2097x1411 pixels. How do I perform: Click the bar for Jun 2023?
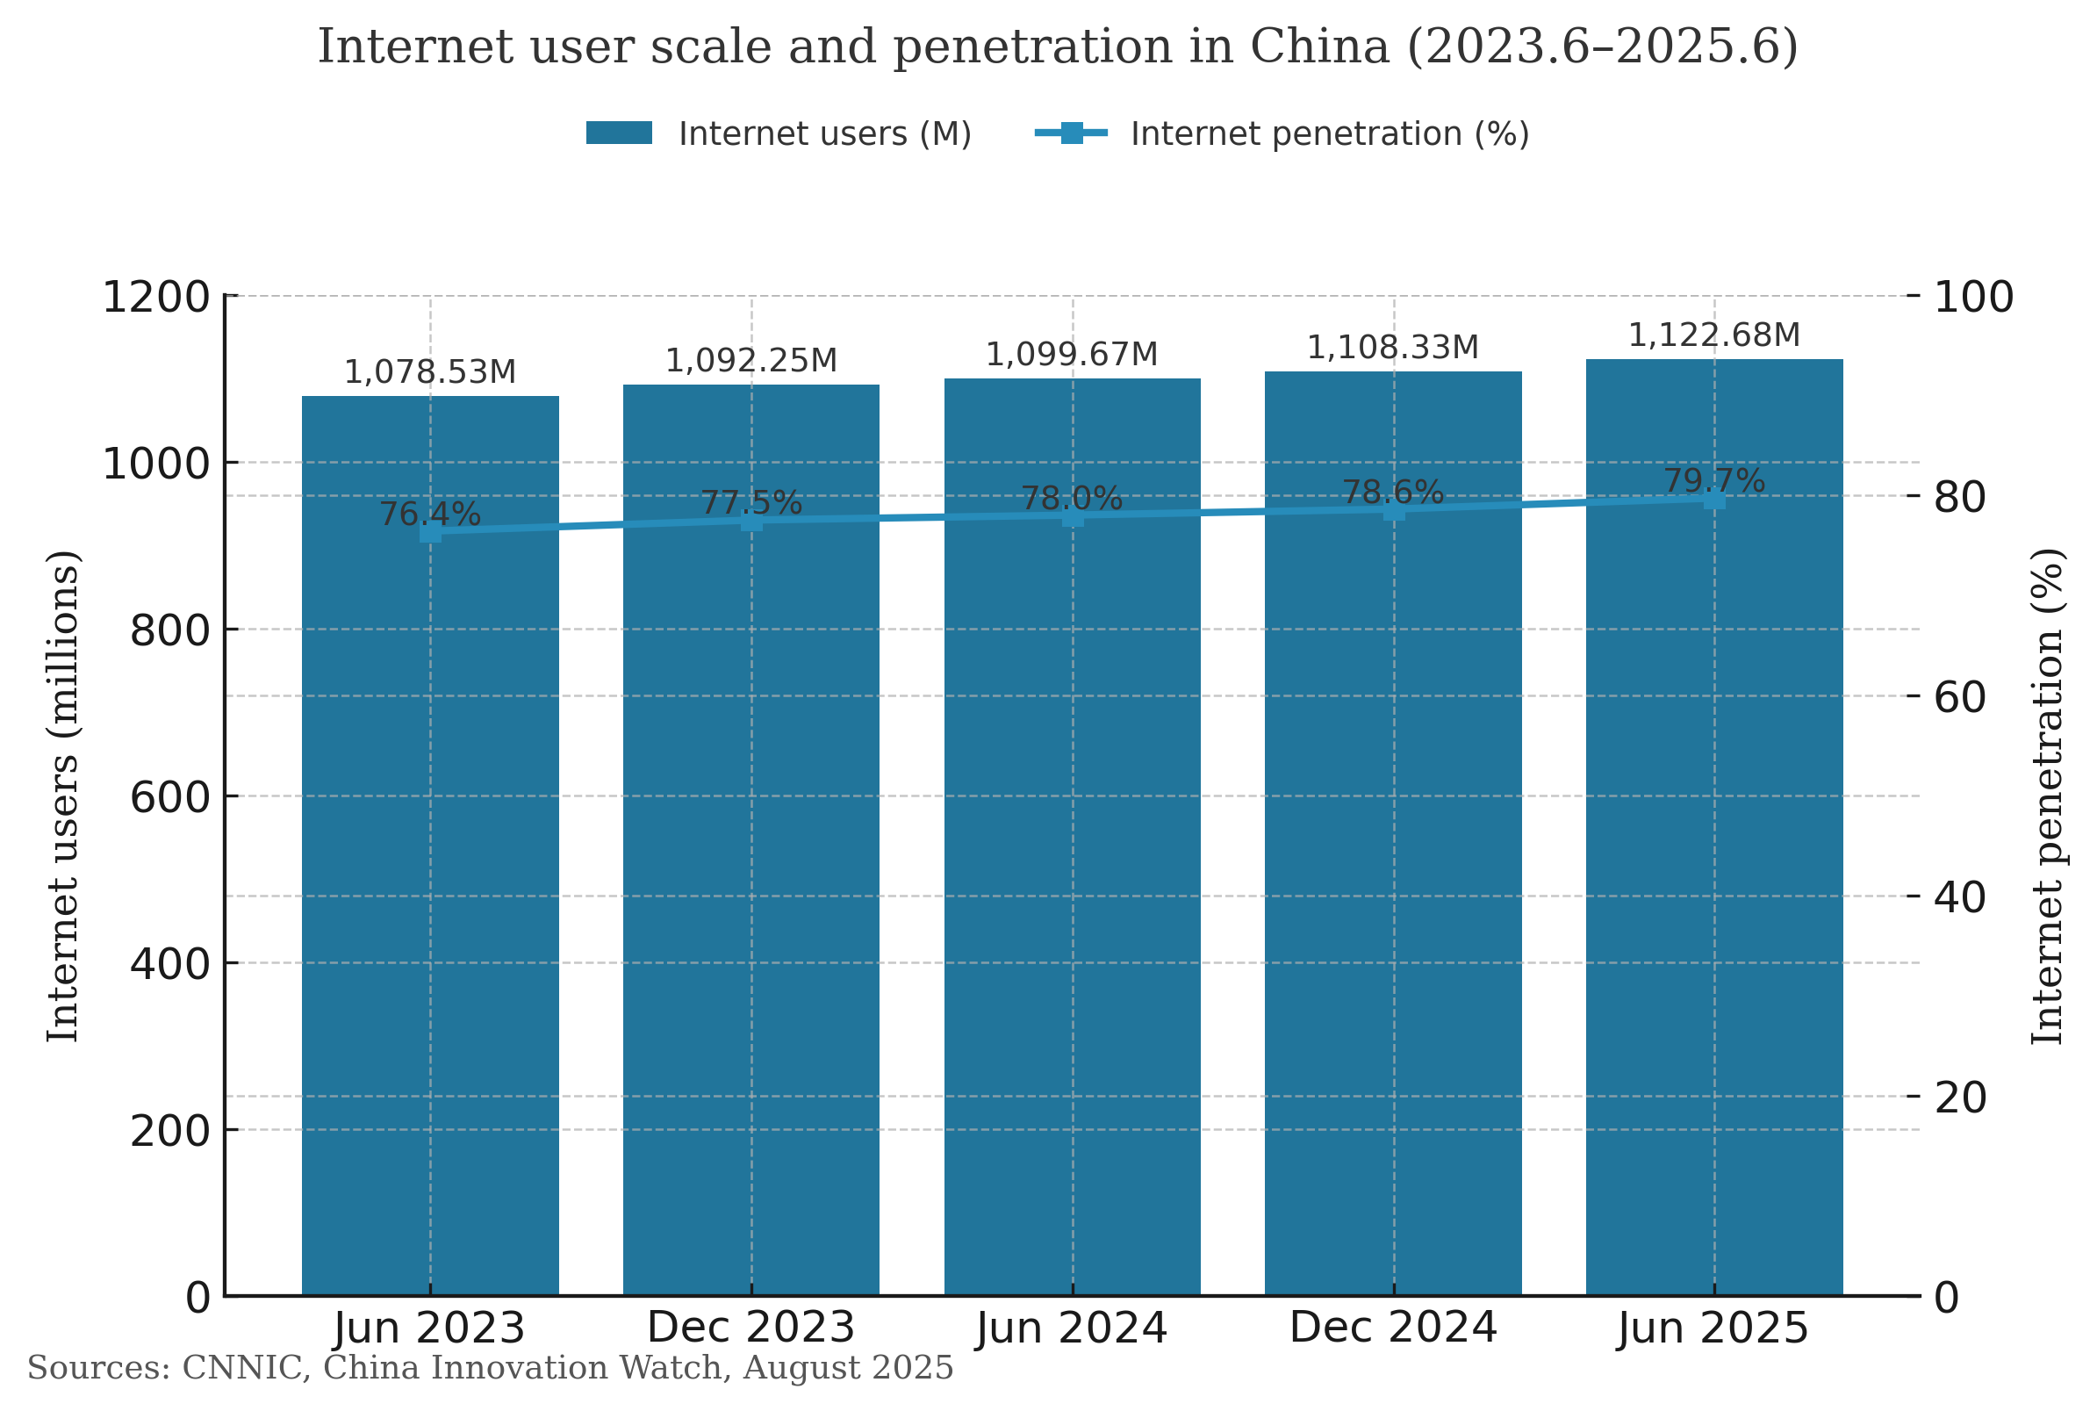point(430,900)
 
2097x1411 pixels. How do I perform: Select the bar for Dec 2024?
point(1393,900)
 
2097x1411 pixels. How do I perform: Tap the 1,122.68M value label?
point(1713,335)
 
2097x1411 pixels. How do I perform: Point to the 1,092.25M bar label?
point(750,362)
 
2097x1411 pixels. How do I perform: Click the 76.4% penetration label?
point(430,515)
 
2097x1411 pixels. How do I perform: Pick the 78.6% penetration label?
point(1393,493)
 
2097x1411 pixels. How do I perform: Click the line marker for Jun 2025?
point(1713,500)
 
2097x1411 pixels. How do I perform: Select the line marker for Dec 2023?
point(751,521)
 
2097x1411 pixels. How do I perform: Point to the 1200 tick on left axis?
point(155,298)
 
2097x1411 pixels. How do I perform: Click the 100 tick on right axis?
point(1973,298)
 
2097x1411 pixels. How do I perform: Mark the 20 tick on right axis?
point(1959,1098)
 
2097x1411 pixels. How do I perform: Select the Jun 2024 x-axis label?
point(1072,1329)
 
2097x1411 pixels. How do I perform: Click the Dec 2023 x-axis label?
point(750,1329)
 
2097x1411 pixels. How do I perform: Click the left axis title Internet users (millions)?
point(63,796)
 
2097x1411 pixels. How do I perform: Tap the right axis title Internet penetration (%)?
point(2047,796)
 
